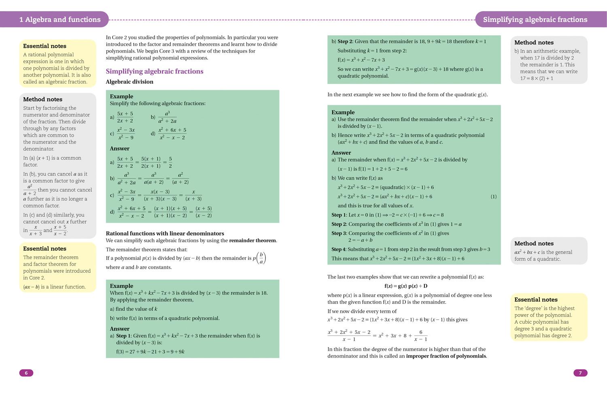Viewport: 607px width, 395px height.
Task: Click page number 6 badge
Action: pyautogui.click(x=26, y=373)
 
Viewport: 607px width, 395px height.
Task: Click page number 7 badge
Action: pyautogui.click(x=580, y=373)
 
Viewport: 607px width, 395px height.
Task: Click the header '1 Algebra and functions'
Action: pyautogui.click(x=60, y=19)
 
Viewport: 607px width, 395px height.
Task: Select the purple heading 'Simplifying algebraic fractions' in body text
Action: pyautogui.click(x=155, y=71)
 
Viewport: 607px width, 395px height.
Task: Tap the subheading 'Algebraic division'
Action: pyautogui.click(x=129, y=82)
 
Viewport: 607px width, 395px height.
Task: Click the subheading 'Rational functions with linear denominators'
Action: pyautogui.click(x=165, y=234)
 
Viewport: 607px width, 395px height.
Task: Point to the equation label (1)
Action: pyautogui.click(x=493, y=197)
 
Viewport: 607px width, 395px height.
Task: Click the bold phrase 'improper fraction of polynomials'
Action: pyautogui.click(x=446, y=356)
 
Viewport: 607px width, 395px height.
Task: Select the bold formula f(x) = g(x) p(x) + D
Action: pyautogui.click(x=406, y=286)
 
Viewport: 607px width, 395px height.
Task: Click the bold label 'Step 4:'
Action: pyautogui.click(x=339, y=249)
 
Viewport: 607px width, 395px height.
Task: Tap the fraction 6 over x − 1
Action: pyautogui.click(x=420, y=336)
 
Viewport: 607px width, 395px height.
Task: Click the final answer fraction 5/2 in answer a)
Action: pyautogui.click(x=170, y=162)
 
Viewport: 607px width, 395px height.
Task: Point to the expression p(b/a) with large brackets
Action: pyautogui.click(x=259, y=258)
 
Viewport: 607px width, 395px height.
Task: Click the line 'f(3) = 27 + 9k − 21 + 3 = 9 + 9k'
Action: pyautogui.click(x=150, y=352)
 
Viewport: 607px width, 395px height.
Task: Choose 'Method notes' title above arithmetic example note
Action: pyautogui.click(x=534, y=42)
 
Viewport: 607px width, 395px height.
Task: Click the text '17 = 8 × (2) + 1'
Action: pyautogui.click(x=533, y=79)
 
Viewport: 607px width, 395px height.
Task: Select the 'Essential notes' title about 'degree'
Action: pyautogui.click(x=536, y=300)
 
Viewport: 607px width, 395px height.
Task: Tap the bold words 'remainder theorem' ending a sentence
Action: pyautogui.click(x=253, y=240)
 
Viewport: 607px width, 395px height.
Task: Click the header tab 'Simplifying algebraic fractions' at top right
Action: pyautogui.click(x=535, y=19)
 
